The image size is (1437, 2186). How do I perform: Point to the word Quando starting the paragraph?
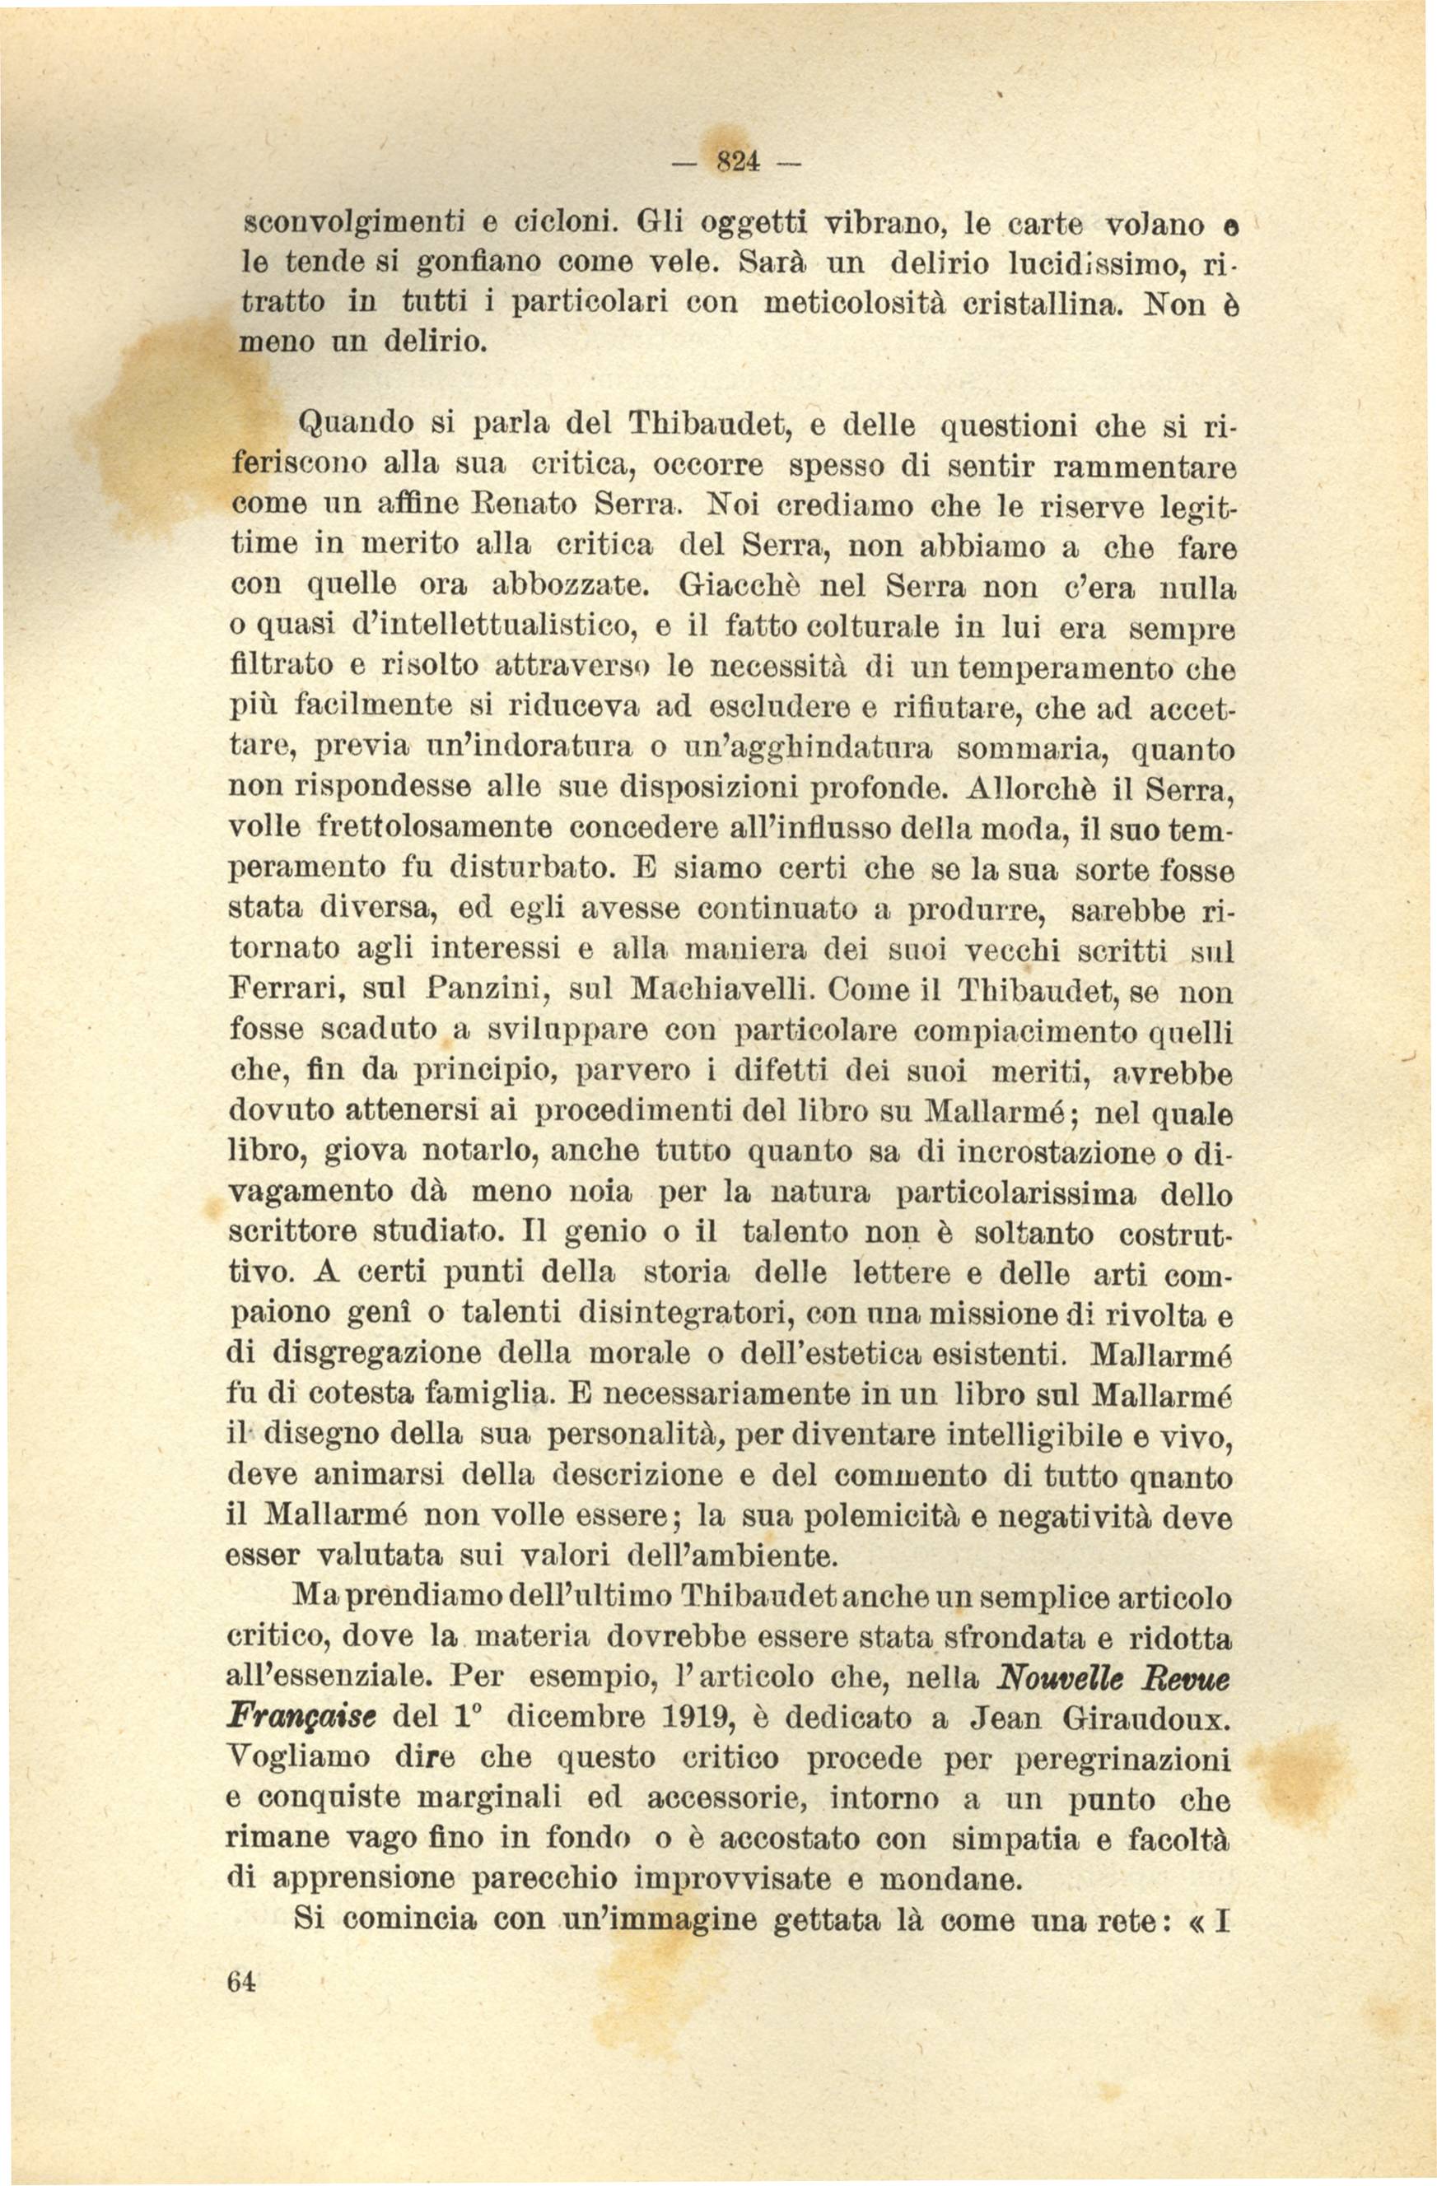348,426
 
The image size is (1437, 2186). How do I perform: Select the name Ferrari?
286,993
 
